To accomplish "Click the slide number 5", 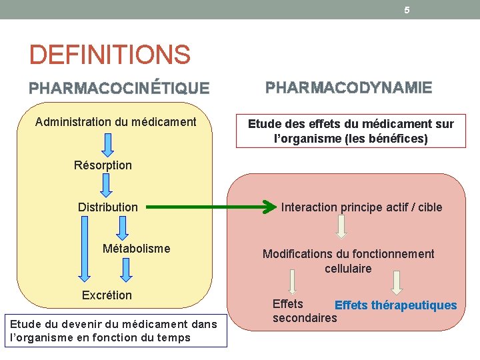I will pyautogui.click(x=407, y=10).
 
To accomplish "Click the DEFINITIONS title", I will pyautogui.click(x=110, y=55).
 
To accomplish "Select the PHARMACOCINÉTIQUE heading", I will pyautogui.click(x=119, y=88).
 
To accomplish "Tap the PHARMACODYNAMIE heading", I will pyautogui.click(x=349, y=87).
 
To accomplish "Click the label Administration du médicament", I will pyautogui.click(x=115, y=122).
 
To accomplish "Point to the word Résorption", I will pyautogui.click(x=103, y=165).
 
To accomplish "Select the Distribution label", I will pyautogui.click(x=107, y=207).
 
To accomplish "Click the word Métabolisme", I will pyautogui.click(x=136, y=249).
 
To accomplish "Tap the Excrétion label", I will pyautogui.click(x=107, y=295).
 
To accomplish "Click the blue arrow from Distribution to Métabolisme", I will pyautogui.click(x=121, y=227).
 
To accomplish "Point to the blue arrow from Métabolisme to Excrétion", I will pyautogui.click(x=125, y=269).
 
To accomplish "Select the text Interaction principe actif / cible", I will pyautogui.click(x=361, y=207).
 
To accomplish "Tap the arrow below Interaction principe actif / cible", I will pyautogui.click(x=341, y=226).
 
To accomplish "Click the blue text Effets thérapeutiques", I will pyautogui.click(x=395, y=305).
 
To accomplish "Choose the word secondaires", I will pyautogui.click(x=305, y=318).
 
